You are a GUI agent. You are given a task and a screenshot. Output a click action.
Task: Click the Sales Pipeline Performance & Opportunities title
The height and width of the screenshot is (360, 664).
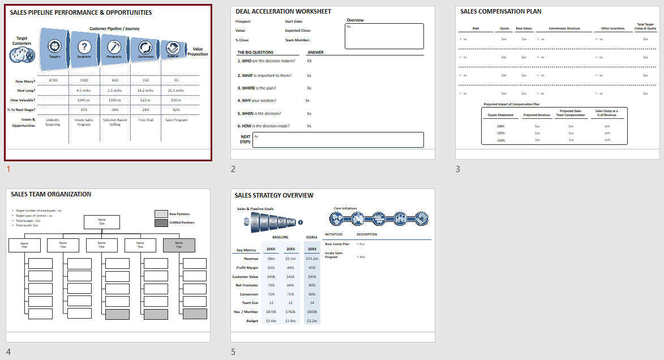click(81, 12)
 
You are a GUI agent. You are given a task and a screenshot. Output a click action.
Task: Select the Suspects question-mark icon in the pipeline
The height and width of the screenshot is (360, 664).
click(84, 47)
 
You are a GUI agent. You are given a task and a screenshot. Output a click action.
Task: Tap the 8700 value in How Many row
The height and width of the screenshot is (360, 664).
click(53, 81)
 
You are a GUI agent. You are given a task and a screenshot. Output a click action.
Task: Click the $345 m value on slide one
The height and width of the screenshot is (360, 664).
click(84, 100)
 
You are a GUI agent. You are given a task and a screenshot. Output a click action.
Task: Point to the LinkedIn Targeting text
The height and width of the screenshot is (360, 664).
click(53, 122)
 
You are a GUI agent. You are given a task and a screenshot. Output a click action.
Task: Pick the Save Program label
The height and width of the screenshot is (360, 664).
click(176, 119)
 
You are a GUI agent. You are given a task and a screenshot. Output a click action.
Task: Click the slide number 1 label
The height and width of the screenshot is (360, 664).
click(8, 169)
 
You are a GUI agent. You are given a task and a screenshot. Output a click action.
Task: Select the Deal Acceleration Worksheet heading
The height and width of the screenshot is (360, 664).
click(284, 11)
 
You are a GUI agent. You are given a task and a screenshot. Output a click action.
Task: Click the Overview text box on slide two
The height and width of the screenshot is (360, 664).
click(384, 36)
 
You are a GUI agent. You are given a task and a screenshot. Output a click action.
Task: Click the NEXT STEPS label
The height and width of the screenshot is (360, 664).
click(245, 139)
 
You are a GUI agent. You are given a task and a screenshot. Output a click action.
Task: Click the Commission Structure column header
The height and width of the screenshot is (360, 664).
click(564, 28)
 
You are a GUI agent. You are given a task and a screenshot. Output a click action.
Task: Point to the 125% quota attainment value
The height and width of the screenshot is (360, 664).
click(500, 133)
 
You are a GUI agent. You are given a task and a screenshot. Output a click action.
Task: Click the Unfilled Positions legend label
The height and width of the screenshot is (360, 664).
click(182, 222)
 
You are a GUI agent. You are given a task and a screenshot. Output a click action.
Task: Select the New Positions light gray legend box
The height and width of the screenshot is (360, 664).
click(161, 214)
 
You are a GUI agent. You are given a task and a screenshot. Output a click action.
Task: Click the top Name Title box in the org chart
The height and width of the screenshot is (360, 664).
click(102, 222)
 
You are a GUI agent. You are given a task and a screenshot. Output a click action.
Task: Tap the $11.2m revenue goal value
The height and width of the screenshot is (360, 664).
click(312, 258)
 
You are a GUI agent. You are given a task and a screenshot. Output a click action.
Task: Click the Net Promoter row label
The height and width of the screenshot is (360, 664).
click(247, 285)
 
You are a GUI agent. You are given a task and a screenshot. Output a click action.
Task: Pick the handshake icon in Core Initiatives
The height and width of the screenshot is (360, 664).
click(419, 218)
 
